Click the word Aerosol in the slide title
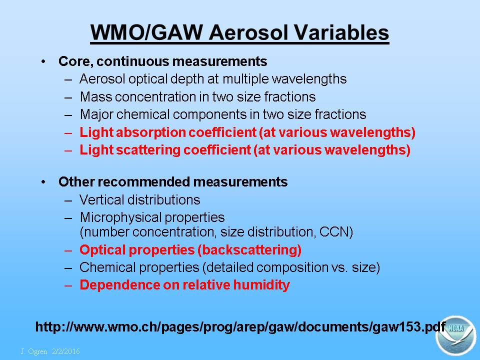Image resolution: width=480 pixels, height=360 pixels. (248, 32)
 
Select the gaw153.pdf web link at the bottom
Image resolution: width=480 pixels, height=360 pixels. (240, 327)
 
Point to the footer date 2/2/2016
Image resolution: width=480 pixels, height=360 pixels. (66, 351)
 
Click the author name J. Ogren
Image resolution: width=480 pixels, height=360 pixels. (34, 351)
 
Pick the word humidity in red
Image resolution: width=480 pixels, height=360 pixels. (261, 285)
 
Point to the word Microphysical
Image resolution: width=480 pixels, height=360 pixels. (120, 218)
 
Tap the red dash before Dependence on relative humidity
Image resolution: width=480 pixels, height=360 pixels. (68, 285)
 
